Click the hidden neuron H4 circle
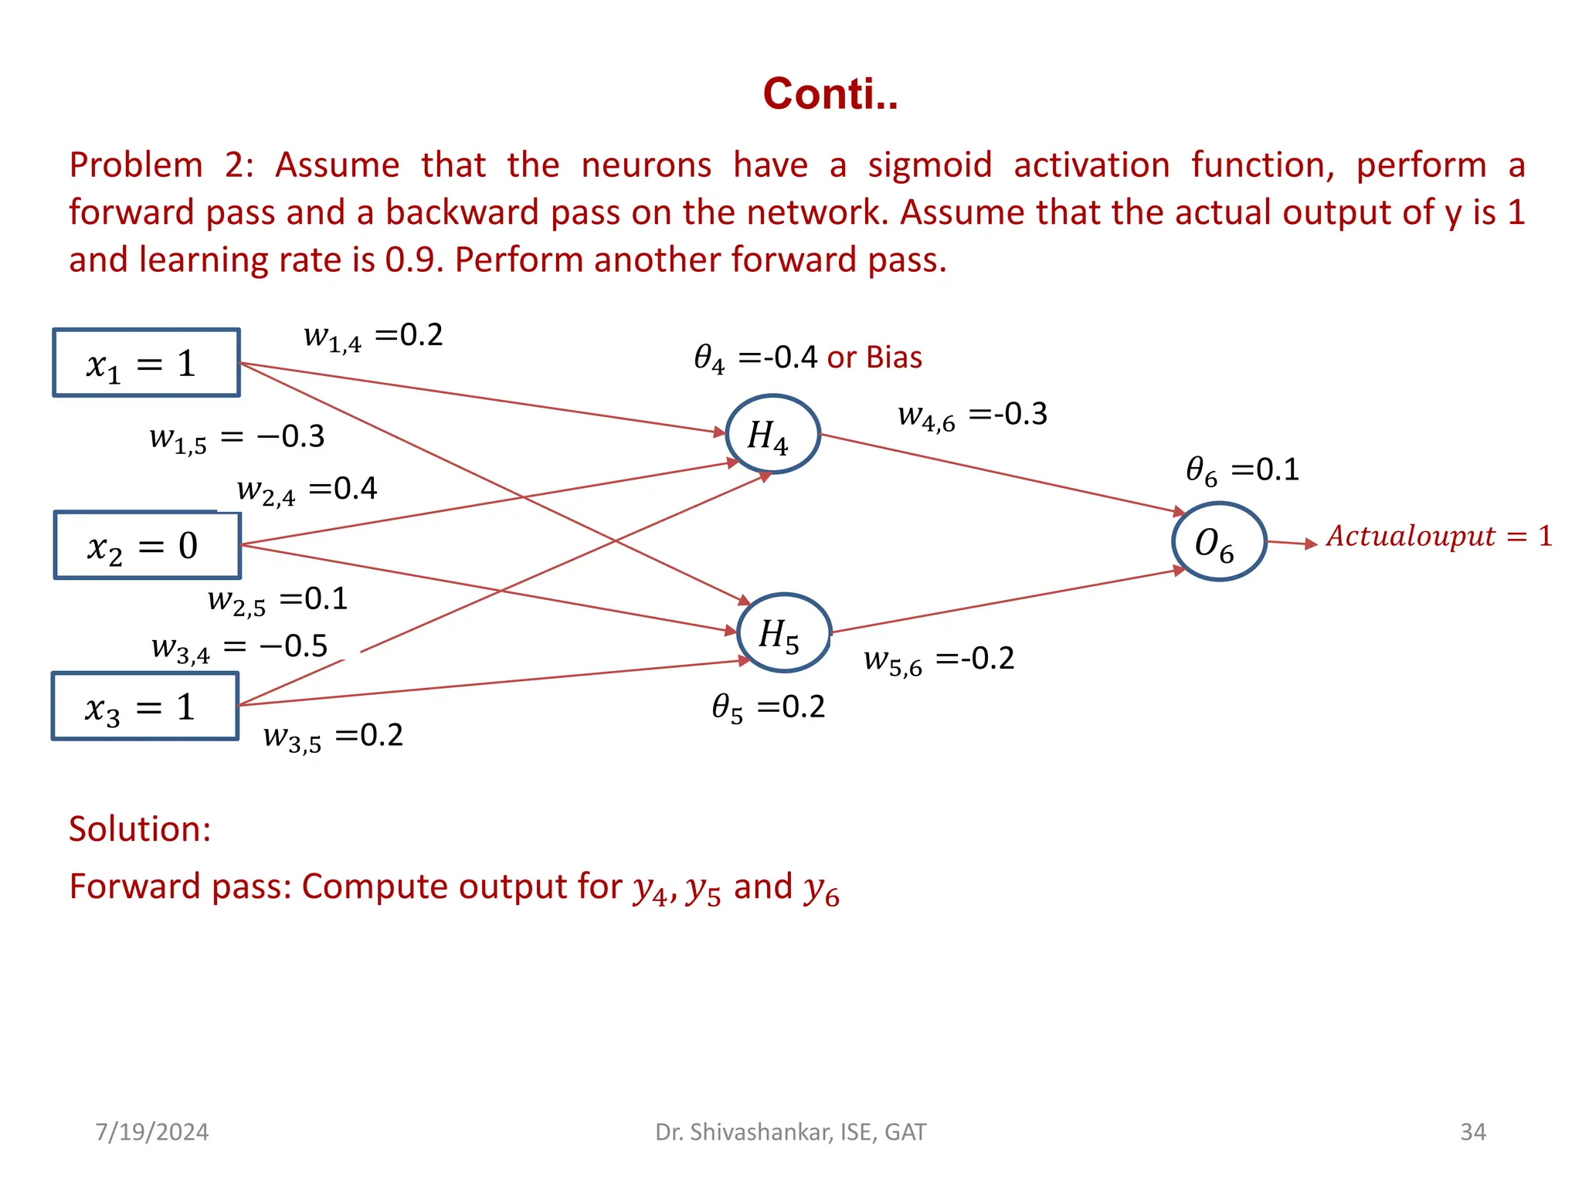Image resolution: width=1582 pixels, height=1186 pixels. [772, 434]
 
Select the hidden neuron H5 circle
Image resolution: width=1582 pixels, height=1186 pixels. [783, 632]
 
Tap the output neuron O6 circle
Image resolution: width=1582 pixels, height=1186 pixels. [1218, 541]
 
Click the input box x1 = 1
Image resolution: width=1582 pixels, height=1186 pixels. [146, 363]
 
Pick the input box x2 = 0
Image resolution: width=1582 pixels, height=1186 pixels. [147, 545]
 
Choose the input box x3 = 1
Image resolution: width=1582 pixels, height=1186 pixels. [144, 707]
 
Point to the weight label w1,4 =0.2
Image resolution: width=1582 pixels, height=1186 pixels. [373, 337]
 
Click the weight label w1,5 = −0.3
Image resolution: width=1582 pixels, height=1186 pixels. [236, 438]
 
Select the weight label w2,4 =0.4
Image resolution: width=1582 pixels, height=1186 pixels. [307, 490]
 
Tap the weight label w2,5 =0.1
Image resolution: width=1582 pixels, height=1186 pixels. [277, 600]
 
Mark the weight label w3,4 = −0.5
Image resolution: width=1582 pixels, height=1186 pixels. [239, 647]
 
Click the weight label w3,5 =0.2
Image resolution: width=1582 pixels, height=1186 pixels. [333, 736]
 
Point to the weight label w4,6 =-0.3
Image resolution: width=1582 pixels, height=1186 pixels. [972, 415]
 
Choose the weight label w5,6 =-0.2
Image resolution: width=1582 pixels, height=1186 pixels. [939, 659]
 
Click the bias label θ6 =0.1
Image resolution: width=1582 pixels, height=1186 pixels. [1242, 470]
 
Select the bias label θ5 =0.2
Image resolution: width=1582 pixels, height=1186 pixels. [768, 707]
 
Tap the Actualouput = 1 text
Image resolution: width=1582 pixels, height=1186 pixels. [1438, 536]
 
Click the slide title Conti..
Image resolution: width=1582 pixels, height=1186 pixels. [830, 94]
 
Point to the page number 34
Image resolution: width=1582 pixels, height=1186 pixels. [1472, 1132]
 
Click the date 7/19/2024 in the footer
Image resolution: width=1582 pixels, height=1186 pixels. [151, 1132]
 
